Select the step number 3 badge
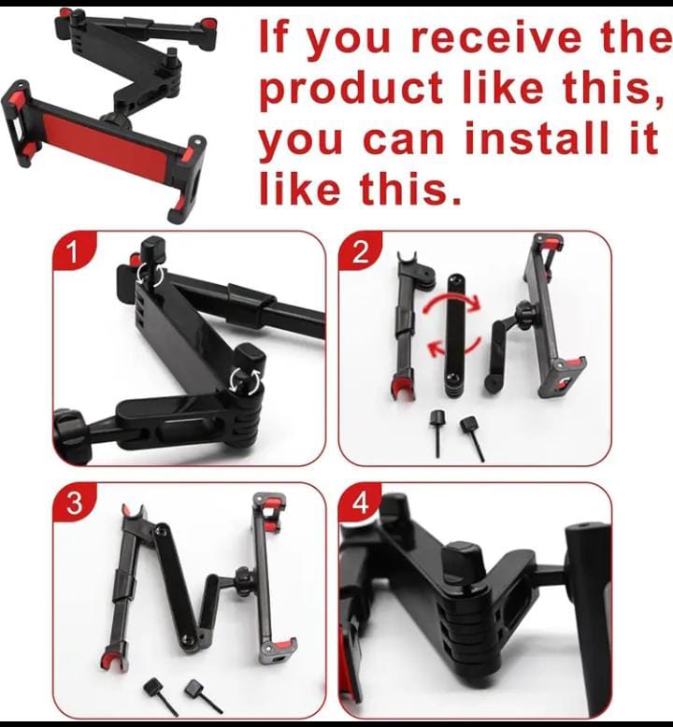point(74,503)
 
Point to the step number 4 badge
point(360,503)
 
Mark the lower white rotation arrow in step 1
point(246,378)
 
